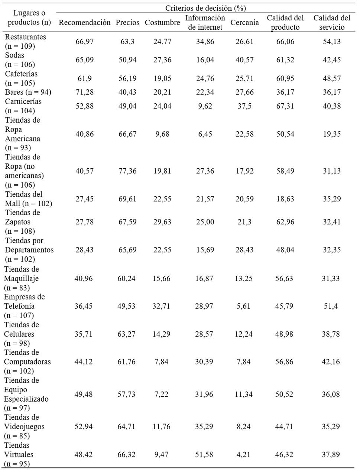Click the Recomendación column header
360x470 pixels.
coord(84,22)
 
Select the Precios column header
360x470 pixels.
coord(127,22)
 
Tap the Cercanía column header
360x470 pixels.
coord(244,22)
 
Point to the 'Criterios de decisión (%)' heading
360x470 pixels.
coord(205,8)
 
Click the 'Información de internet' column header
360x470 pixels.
coord(205,22)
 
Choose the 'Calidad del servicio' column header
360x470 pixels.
coord(332,22)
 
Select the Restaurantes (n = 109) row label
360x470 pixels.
coord(25,41)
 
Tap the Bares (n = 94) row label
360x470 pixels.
coord(28,92)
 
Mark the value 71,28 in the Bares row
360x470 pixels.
coord(85,92)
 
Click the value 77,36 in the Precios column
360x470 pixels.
coord(127,171)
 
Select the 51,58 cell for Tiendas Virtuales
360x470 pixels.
coord(204,454)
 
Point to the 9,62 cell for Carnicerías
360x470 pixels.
coord(205,106)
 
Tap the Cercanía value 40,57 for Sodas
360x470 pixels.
coord(244,60)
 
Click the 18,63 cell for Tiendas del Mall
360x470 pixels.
coord(285,199)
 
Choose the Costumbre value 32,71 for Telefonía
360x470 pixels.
coord(161,306)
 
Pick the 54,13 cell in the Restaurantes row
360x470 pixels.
coord(332,41)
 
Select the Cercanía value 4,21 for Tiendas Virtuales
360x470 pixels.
coord(243,454)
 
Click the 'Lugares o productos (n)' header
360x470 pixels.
coord(29,17)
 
